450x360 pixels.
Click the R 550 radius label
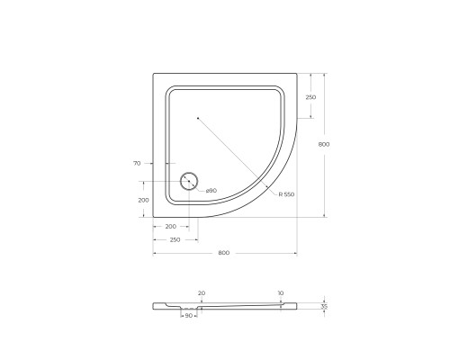[287, 193]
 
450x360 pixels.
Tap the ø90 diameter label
[210, 191]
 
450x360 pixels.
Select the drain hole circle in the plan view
[189, 181]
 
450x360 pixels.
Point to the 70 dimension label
[136, 163]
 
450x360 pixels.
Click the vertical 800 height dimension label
[336, 144]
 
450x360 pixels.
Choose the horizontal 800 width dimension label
[224, 252]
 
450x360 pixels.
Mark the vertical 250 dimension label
[310, 97]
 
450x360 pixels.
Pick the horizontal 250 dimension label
[175, 239]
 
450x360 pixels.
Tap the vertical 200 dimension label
[142, 200]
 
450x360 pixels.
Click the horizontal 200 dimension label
[170, 227]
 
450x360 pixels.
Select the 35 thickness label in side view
[325, 307]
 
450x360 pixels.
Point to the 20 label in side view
[201, 292]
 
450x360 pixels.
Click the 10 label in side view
[281, 292]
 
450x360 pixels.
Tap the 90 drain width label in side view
[191, 317]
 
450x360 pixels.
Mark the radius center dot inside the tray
[197, 117]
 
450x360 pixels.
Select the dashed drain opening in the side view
[191, 308]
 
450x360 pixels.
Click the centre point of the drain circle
[189, 181]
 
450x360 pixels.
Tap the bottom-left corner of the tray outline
[154, 217]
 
